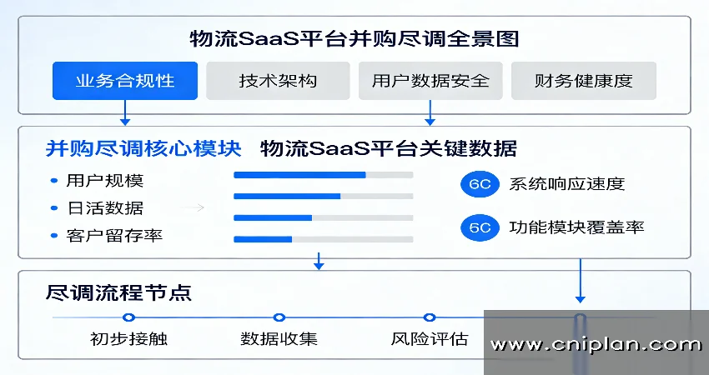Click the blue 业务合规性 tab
(125, 81)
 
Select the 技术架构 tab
(278, 81)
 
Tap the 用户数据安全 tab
(430, 81)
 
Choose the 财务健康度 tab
(583, 81)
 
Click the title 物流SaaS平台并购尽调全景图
(354, 39)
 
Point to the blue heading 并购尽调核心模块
(143, 148)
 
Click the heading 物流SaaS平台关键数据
(389, 148)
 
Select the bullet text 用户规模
(105, 181)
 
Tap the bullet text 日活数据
(105, 208)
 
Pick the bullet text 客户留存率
(114, 236)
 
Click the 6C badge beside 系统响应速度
(480, 184)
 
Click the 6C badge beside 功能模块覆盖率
(480, 227)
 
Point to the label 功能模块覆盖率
(576, 227)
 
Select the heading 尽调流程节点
(118, 292)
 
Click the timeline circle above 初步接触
(128, 317)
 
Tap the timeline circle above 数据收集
(279, 317)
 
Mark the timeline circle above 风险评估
(430, 317)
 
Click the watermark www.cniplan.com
(596, 345)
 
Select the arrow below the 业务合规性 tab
(125, 113)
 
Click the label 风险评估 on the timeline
(430, 339)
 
